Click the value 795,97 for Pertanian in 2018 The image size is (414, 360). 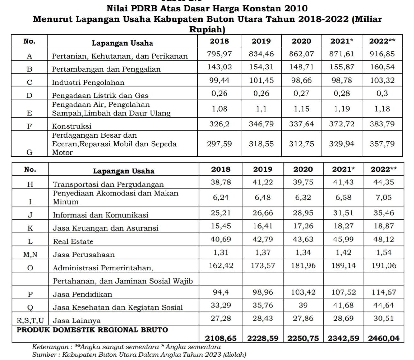pos(219,54)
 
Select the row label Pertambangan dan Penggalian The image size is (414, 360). pos(106,69)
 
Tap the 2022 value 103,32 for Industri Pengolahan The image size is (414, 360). pos(382,80)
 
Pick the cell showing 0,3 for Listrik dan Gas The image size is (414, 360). pos(382,93)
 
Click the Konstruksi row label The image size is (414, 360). pos(71,126)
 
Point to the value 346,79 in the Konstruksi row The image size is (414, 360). pos(261,124)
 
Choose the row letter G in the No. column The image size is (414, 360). pos(29,152)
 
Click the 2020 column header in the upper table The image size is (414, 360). pos(301,41)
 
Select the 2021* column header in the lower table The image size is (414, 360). pos(343,169)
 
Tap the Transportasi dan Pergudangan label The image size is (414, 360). pos(108,184)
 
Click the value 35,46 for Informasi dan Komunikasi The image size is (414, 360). pos(383,213)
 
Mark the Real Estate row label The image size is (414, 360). pos(73,241)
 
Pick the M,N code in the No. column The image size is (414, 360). pos(30,255)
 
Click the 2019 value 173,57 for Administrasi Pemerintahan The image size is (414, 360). pos(262,265)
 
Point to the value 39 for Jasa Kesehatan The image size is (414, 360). pos(303,305)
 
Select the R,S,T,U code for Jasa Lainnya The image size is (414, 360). pos(30,320)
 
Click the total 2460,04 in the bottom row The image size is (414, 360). pos(383,338)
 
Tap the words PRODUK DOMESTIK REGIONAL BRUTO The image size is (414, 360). pos(92,330)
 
